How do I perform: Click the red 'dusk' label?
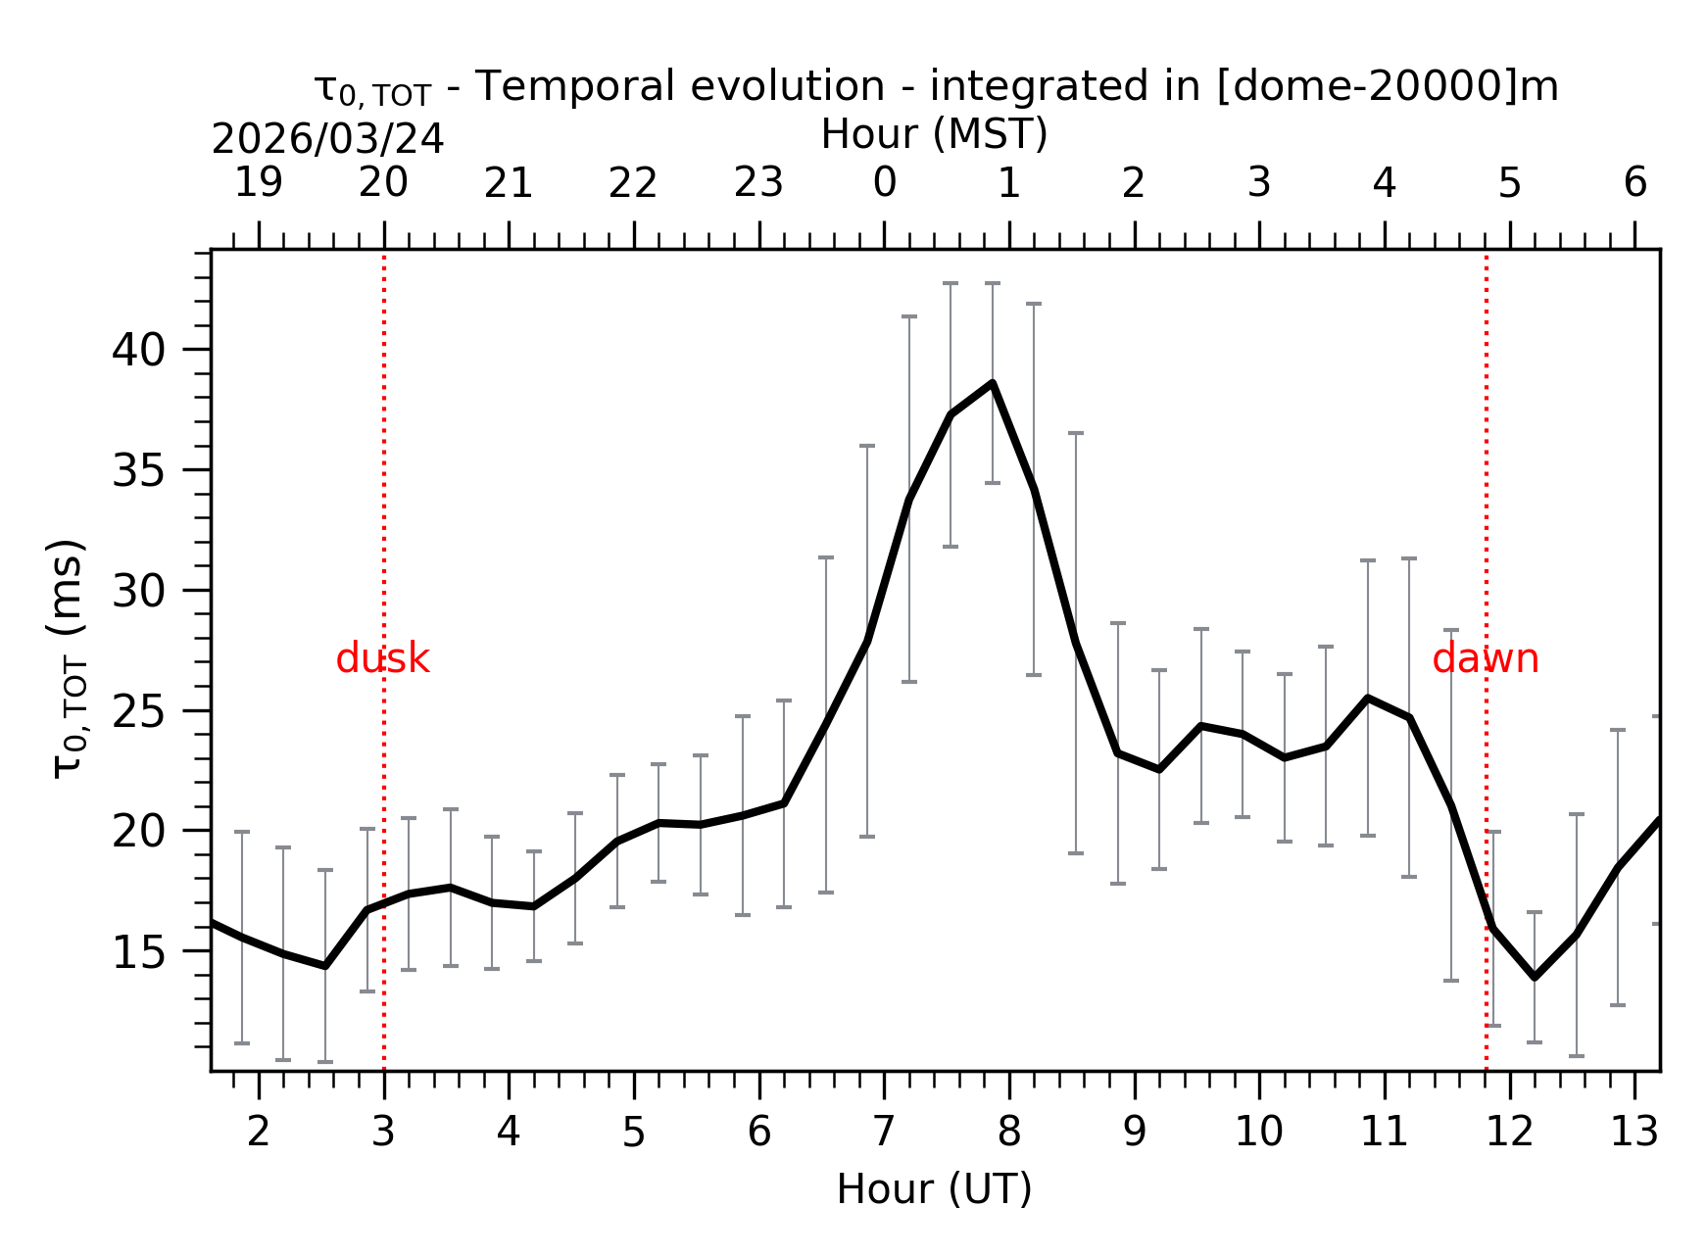(382, 659)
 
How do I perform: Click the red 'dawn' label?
(1485, 659)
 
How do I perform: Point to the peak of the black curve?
(993, 383)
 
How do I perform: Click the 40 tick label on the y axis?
(138, 350)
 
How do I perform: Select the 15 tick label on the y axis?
(138, 952)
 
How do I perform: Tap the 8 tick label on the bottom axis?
(1009, 1133)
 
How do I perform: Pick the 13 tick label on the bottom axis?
(1634, 1133)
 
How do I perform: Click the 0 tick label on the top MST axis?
(885, 183)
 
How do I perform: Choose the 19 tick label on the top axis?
(259, 183)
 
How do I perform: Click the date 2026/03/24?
(328, 140)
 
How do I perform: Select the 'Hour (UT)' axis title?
(934, 1189)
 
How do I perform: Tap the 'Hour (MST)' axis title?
(934, 134)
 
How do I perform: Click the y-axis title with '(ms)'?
(69, 657)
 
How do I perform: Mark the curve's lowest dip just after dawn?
(1535, 977)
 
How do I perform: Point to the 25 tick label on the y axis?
(138, 711)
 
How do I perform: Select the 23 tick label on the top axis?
(758, 183)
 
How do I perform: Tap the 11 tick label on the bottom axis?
(1384, 1133)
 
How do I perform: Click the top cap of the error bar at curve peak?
(993, 283)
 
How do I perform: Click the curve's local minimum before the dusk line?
(325, 966)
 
